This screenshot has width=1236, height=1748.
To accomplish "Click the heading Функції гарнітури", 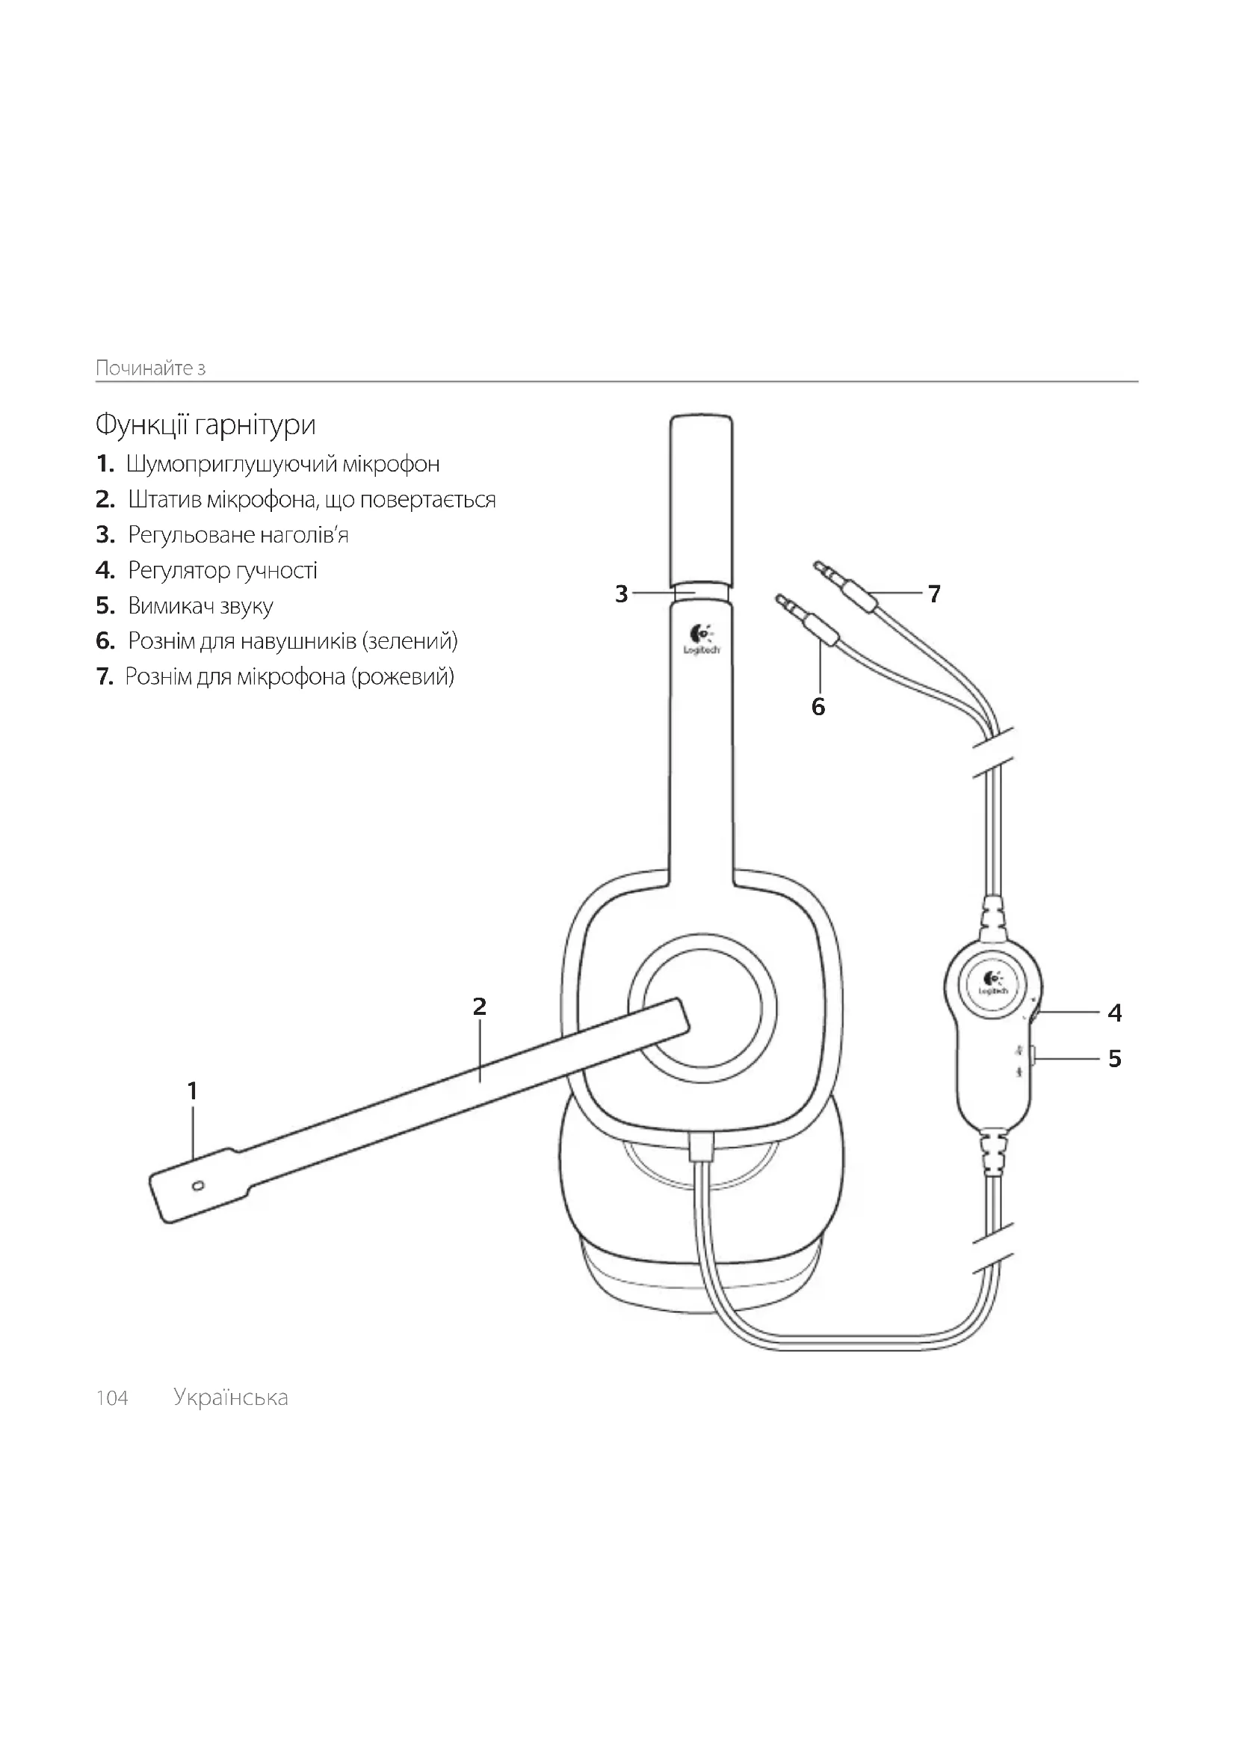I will point(206,424).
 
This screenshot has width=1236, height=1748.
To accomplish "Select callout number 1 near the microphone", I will point(193,1091).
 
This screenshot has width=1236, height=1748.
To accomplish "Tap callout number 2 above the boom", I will point(480,1007).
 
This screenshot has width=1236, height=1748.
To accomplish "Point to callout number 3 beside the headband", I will point(622,594).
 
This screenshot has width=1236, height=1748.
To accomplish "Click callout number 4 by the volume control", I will point(1115,1013).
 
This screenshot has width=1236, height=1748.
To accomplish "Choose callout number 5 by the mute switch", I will point(1115,1058).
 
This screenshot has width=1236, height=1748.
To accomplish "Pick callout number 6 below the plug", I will point(818,707).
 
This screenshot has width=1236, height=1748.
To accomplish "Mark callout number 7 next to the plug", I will point(935,593).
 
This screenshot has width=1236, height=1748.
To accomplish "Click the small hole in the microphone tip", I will point(199,1185).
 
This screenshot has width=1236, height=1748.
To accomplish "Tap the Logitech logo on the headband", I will point(701,640).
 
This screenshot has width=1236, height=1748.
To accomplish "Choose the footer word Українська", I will point(231,1398).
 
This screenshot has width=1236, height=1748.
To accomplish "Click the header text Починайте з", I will point(151,368).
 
